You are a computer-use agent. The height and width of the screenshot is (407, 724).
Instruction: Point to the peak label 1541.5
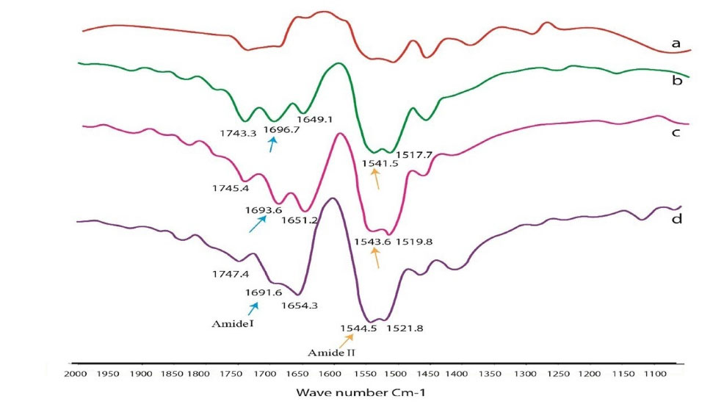click(x=380, y=164)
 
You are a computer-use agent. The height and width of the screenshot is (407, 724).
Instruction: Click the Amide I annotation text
click(x=231, y=321)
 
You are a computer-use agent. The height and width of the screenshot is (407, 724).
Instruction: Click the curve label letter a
click(x=676, y=44)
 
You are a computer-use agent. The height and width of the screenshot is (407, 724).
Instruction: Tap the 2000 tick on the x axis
click(x=76, y=374)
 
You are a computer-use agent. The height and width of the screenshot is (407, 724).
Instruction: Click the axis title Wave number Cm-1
click(x=360, y=392)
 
